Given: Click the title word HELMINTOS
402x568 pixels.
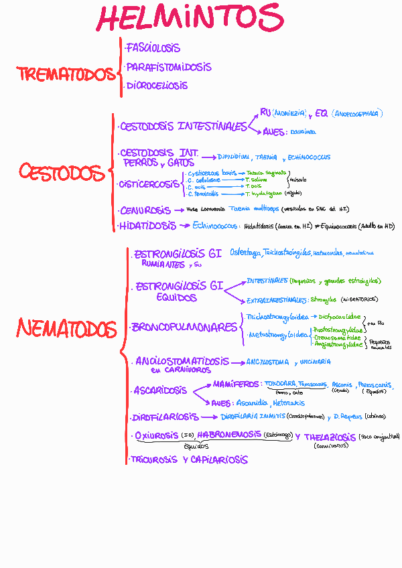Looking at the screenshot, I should point(190,18).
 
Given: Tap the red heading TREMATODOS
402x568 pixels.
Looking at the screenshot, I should point(66,74).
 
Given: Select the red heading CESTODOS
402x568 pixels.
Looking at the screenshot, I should point(62,173).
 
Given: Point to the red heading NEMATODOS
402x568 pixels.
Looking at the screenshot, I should point(66,329).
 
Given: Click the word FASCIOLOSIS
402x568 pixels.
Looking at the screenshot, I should point(153,48).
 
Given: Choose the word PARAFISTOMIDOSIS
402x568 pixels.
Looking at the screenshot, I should point(168,67).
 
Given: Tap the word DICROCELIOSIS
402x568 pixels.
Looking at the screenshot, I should point(157,86).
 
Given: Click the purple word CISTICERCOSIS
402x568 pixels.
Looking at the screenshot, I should point(149,184).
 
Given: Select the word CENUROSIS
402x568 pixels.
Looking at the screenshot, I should point(145,210).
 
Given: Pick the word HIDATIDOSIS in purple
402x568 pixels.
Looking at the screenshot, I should point(148,226).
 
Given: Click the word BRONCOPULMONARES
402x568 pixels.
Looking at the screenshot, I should point(184,328).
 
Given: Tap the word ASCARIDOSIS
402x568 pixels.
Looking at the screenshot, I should point(160,390).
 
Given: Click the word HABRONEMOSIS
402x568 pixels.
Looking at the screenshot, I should point(229,434).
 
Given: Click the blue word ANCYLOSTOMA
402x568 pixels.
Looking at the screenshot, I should point(267,362).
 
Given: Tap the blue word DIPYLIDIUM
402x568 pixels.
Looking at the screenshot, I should point(232,157).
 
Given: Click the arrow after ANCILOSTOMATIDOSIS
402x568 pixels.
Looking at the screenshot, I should point(237,362).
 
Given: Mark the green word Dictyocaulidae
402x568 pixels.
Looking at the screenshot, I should point(340,316).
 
